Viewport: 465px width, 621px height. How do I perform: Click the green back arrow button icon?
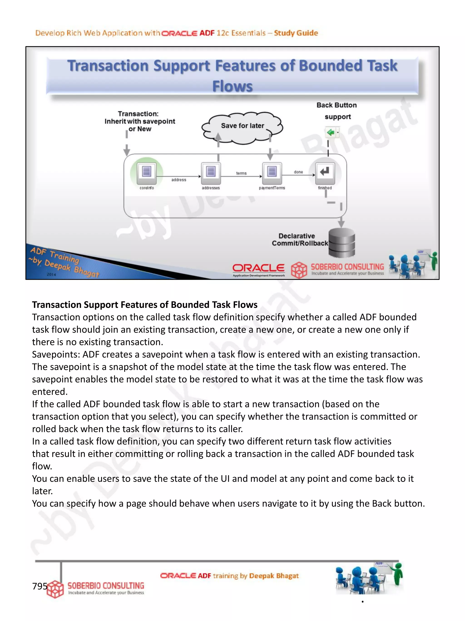pyautogui.click(x=331, y=132)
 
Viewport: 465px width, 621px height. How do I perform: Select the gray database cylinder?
pyautogui.click(x=342, y=243)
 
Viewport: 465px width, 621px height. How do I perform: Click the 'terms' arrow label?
pyautogui.click(x=241, y=173)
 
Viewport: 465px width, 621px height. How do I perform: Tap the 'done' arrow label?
pyautogui.click(x=298, y=172)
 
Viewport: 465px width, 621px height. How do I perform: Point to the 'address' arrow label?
pyautogui.click(x=178, y=180)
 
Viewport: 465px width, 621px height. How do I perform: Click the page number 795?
pyautogui.click(x=40, y=586)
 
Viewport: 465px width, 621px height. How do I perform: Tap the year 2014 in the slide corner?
pyautogui.click(x=51, y=274)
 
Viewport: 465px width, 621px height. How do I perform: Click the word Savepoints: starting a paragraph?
pyautogui.click(x=56, y=354)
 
